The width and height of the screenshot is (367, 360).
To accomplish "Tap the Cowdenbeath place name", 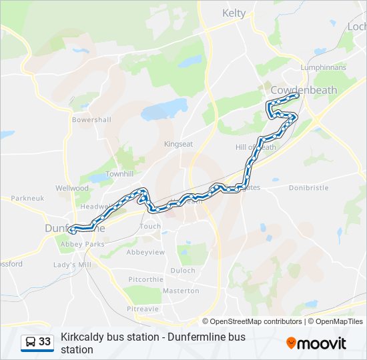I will [x=304, y=89].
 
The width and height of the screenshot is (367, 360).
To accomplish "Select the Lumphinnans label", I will [x=324, y=67].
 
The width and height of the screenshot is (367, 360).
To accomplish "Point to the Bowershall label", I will [x=91, y=120].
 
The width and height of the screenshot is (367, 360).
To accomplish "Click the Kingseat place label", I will [x=178, y=143].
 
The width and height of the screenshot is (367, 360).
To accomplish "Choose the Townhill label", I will [x=119, y=173].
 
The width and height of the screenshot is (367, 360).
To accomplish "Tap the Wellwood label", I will [x=72, y=188].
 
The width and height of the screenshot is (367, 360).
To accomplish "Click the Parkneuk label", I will [x=27, y=198].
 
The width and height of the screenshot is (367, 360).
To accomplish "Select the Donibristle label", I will [x=309, y=188].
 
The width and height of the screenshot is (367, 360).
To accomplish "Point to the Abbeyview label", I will [x=145, y=253].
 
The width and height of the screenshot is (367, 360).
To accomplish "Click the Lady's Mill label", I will [x=72, y=265].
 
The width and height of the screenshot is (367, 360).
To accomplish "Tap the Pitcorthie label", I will [x=145, y=279].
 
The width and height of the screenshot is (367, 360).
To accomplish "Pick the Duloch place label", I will [x=183, y=271].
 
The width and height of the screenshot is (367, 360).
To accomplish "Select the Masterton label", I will [x=181, y=291].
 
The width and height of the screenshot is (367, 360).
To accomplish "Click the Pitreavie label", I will [x=142, y=309].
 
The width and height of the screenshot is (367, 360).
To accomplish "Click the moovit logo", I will [x=316, y=343].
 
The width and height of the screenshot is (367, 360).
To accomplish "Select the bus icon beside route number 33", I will [x=29, y=342].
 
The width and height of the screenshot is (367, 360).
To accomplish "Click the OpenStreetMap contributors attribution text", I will [x=256, y=321].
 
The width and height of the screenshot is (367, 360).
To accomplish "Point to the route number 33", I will [x=45, y=342].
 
